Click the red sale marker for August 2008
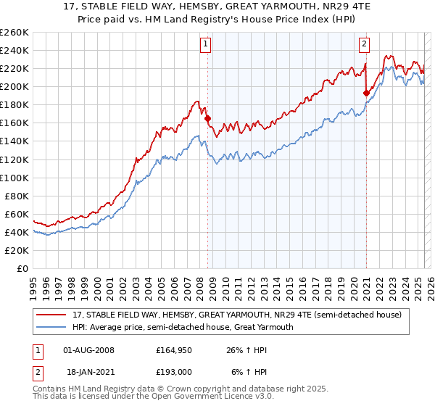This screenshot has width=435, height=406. click(x=207, y=118)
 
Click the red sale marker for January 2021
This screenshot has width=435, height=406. click(x=366, y=93)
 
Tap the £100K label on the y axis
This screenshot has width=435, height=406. click(x=14, y=178)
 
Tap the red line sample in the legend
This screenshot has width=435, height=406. click(x=51, y=315)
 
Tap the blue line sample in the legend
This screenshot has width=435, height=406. click(x=51, y=327)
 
